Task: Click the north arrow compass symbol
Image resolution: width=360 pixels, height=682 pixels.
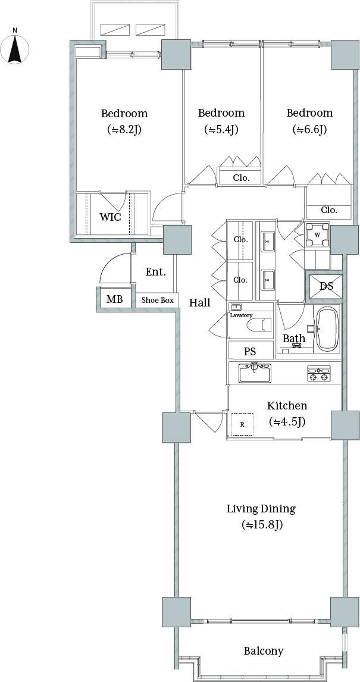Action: tap(15, 47)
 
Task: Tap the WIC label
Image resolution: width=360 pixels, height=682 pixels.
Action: tap(111, 217)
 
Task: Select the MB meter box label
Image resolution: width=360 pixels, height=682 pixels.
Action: tap(114, 299)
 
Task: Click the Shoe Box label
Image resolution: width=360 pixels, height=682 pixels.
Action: tap(158, 300)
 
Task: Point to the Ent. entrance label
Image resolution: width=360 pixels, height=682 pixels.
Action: tap(156, 273)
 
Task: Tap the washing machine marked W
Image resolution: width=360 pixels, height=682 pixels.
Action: tap(317, 235)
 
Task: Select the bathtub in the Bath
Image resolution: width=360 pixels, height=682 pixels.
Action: tap(327, 329)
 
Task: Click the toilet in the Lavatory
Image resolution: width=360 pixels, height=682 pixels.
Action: tap(259, 325)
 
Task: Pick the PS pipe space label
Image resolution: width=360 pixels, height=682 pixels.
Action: tap(250, 352)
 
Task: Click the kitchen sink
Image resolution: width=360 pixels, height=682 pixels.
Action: tap(255, 373)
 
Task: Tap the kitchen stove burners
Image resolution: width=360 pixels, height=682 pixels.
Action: tap(319, 373)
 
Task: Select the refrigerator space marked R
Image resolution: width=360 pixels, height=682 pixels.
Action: tap(242, 424)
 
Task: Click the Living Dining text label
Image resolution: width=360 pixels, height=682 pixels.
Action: tap(261, 508)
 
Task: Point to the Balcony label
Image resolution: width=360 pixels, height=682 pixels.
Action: tap(264, 650)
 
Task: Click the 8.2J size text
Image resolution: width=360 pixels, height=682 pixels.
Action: tap(124, 130)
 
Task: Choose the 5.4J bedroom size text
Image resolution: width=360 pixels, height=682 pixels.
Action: tap(221, 130)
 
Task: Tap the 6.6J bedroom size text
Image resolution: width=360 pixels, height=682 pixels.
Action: tap(309, 130)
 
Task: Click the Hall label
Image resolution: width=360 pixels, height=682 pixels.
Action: tap(200, 303)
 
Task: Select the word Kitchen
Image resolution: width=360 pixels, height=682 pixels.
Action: tap(287, 406)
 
